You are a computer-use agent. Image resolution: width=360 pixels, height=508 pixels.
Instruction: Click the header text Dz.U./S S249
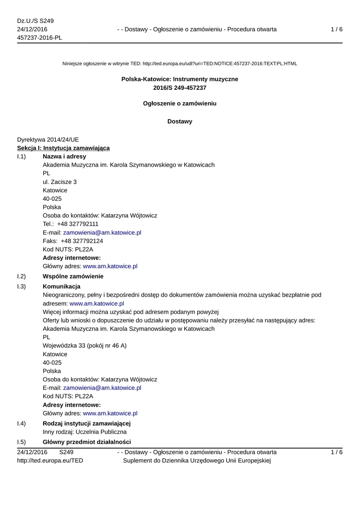click(35, 21)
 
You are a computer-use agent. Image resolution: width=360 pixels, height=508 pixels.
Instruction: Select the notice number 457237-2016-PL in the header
click(40, 38)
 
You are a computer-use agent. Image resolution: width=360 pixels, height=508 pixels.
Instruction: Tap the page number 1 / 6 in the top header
click(336, 29)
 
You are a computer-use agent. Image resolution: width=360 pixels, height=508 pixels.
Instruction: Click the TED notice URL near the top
click(219, 63)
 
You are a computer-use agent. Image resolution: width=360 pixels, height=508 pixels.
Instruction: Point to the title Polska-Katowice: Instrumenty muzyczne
click(180, 79)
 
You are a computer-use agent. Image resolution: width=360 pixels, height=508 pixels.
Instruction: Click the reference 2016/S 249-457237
click(180, 88)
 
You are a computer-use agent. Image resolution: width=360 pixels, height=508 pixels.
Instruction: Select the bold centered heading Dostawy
click(180, 121)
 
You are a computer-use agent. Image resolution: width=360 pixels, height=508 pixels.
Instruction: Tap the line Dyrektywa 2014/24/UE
click(48, 139)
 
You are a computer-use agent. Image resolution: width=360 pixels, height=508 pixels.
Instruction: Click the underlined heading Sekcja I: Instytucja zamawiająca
click(64, 148)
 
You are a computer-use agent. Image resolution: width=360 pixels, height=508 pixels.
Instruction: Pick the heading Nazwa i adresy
click(64, 156)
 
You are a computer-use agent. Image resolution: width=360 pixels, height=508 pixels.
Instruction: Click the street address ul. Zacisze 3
click(60, 182)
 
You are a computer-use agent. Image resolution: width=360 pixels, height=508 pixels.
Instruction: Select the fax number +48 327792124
click(82, 241)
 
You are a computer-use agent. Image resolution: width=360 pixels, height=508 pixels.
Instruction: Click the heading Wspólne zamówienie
click(73, 276)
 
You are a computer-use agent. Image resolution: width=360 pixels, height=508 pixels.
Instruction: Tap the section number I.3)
click(21, 286)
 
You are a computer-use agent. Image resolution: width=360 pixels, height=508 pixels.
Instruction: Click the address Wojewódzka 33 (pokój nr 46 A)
click(84, 345)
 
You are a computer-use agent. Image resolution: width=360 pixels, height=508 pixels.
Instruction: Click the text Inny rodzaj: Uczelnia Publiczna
click(84, 432)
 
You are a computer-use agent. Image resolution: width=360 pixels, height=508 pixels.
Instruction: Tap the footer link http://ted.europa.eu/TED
click(50, 460)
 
